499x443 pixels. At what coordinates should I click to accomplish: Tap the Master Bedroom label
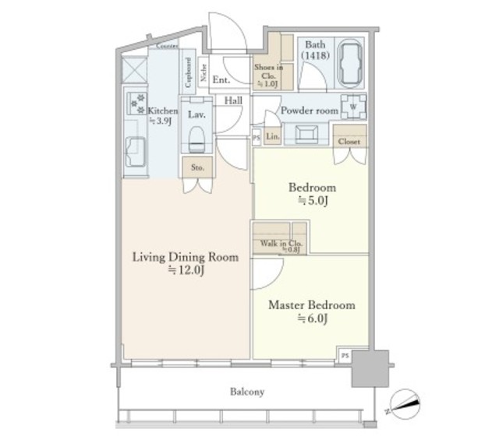(312, 305)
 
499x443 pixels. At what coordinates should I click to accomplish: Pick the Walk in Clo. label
(281, 244)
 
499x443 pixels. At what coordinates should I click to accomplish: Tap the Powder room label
(309, 111)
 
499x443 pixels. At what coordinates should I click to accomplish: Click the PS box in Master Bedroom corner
(345, 354)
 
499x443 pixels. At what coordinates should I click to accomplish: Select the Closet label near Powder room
(349, 142)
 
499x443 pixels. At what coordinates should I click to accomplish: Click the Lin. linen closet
(272, 137)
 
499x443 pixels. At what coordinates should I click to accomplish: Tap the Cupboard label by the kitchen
(188, 72)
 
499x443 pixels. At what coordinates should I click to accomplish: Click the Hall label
(233, 101)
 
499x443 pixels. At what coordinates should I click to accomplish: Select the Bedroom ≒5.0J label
(312, 193)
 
